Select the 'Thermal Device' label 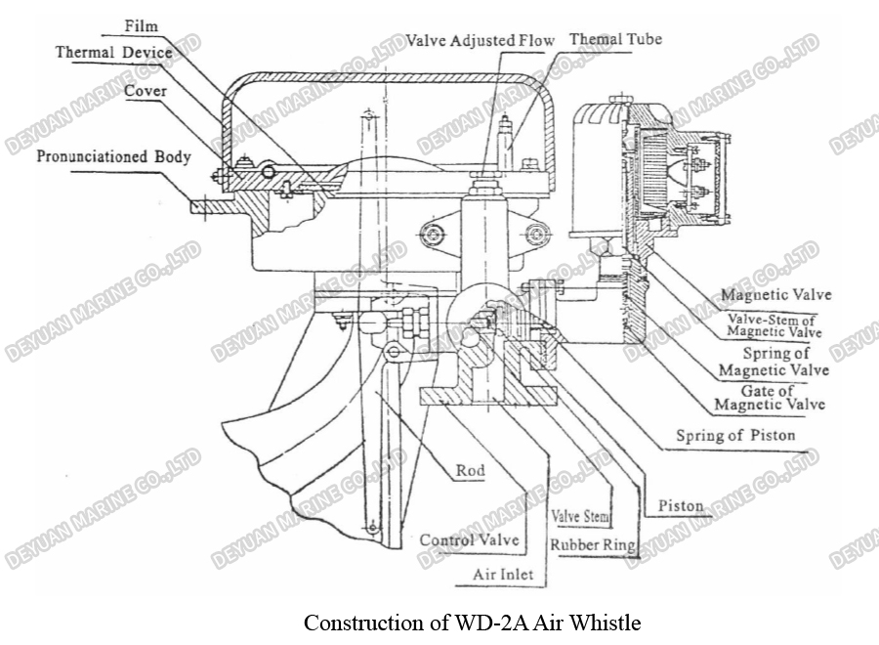point(113,52)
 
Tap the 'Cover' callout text point(146,91)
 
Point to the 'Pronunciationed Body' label point(106,156)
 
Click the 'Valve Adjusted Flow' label point(481,41)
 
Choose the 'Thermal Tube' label point(615,40)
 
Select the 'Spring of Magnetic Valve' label point(774,362)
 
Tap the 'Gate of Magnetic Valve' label point(770,398)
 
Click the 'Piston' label point(681,506)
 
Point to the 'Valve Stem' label point(582,515)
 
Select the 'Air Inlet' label point(503,575)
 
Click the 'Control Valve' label point(469,539)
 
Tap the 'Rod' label point(470,471)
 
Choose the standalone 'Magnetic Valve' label point(771,293)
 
